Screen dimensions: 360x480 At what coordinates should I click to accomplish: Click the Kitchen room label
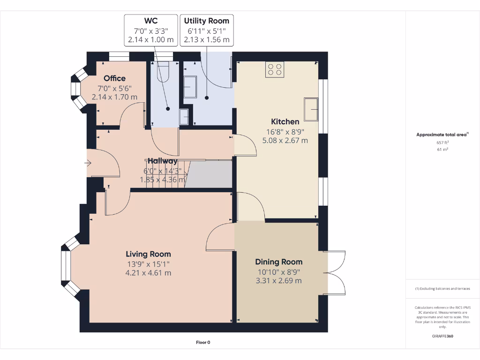[285, 121]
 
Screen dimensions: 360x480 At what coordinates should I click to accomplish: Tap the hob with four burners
[275, 69]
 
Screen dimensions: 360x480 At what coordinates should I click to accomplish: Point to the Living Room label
[148, 254]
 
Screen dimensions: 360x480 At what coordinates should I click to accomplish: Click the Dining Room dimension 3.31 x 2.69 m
[278, 281]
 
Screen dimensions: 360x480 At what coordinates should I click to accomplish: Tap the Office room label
[114, 78]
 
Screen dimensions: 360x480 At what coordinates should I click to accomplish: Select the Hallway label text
[163, 161]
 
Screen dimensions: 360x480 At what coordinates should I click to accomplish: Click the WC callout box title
[150, 21]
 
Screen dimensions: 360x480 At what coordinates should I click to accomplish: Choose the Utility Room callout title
[206, 21]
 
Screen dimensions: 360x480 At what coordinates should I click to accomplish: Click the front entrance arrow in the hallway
[88, 163]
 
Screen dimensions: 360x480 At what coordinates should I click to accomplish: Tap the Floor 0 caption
[203, 342]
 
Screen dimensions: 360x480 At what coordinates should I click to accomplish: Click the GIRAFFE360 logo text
[442, 336]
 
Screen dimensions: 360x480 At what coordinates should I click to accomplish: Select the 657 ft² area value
[442, 142]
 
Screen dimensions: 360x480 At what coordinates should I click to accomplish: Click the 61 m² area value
[442, 150]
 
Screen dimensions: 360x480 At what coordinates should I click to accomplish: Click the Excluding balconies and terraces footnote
[442, 289]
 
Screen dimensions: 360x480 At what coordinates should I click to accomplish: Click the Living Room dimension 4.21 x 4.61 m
[148, 272]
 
